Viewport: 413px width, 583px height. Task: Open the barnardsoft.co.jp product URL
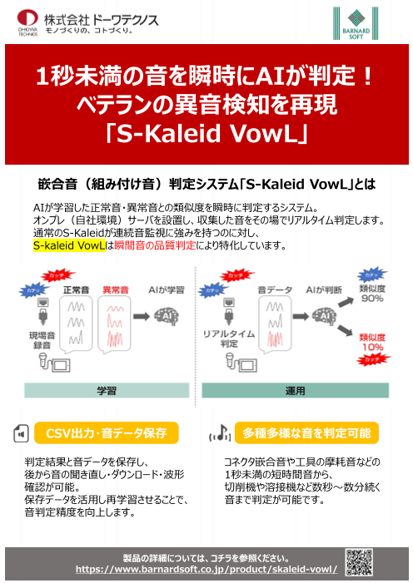click(206, 570)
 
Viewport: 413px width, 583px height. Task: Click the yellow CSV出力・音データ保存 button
click(107, 433)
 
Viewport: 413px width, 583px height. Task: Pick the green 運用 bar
click(295, 389)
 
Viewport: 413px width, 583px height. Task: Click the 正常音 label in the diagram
click(76, 289)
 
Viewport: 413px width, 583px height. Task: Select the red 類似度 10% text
click(371, 343)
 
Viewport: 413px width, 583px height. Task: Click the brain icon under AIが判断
click(321, 316)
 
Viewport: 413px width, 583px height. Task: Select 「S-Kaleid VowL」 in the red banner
click(206, 134)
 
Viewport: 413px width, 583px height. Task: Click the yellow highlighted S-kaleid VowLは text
click(70, 246)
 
